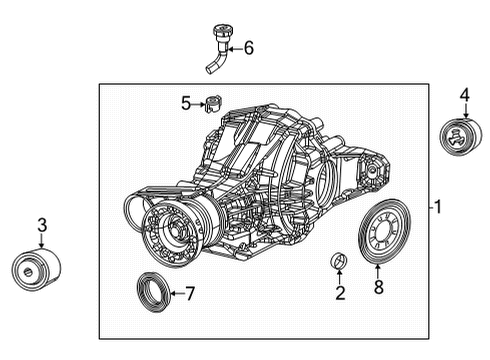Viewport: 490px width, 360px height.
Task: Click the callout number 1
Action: pos(437,208)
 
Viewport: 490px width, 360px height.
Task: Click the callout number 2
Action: pos(340,293)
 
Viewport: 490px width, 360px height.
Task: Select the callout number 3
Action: pos(41,227)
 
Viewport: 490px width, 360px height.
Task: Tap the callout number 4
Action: pos(463,96)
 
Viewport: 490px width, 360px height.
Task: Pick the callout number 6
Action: pos(248,47)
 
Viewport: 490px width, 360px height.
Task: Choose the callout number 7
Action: pos(191,293)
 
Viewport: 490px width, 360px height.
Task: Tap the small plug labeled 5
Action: pos(212,101)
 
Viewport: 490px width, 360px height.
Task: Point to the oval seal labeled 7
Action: pos(153,292)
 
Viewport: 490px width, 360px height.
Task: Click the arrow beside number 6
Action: pos(235,47)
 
